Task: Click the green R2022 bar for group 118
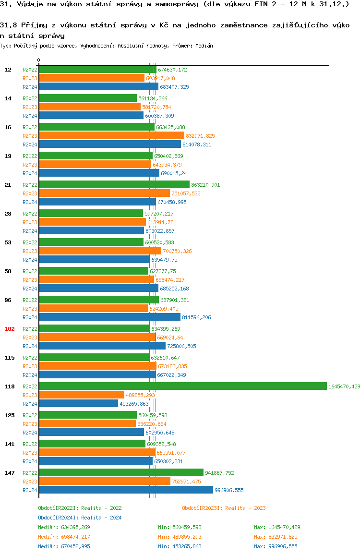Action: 182,386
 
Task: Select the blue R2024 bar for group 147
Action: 126,490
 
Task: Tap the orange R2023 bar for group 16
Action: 111,135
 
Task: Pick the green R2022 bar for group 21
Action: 114,184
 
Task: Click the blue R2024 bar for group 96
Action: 109,317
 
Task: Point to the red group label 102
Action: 10,329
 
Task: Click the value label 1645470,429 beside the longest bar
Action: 344,386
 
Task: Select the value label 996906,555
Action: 229,490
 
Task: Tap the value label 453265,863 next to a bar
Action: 134,404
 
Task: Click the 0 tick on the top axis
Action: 38,60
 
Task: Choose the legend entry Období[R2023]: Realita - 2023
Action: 224,508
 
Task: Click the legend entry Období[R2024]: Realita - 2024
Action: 80,518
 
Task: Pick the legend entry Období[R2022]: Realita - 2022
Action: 80,508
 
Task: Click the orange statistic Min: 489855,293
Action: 180,537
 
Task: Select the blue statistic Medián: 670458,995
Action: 64,546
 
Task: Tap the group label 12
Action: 8,70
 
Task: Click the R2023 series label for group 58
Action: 30,280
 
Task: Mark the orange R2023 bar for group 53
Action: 100,251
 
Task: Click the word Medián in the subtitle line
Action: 204,46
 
